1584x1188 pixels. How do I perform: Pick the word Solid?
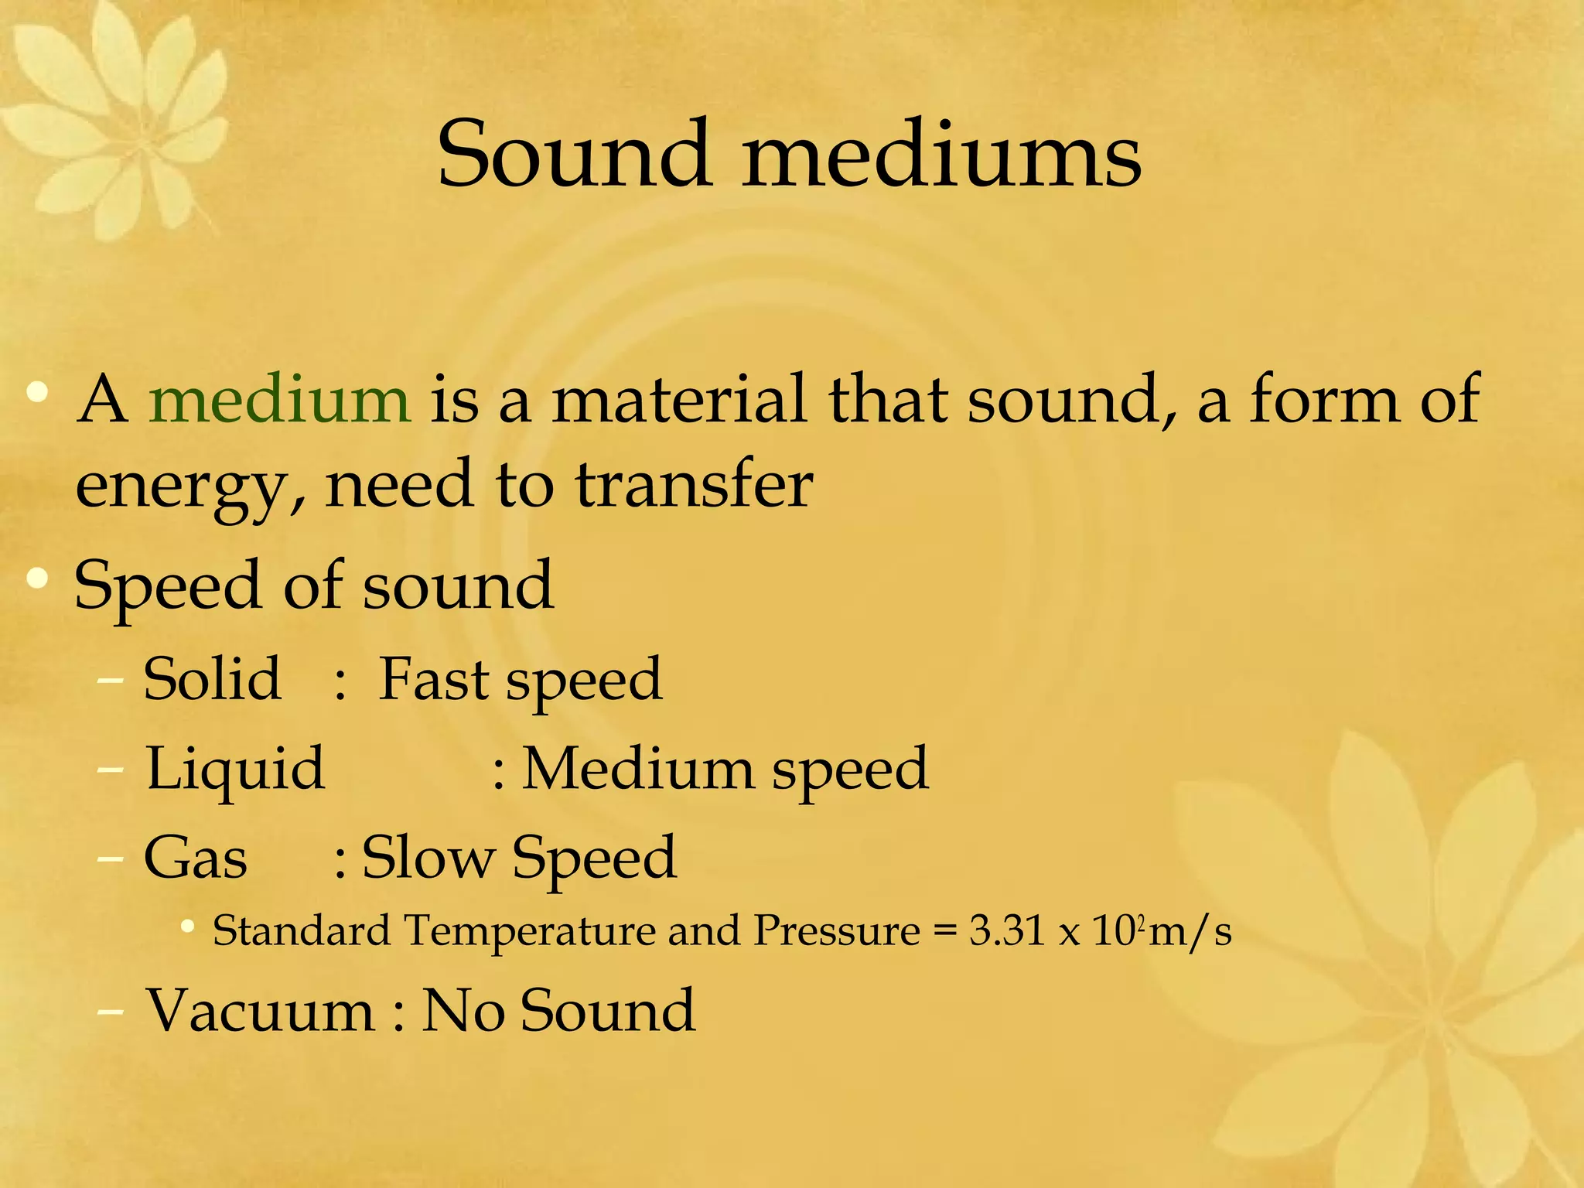coord(212,679)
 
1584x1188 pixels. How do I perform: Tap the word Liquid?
coord(236,770)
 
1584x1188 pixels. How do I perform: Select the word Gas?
coord(196,859)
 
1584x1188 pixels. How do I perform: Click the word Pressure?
coord(837,930)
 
